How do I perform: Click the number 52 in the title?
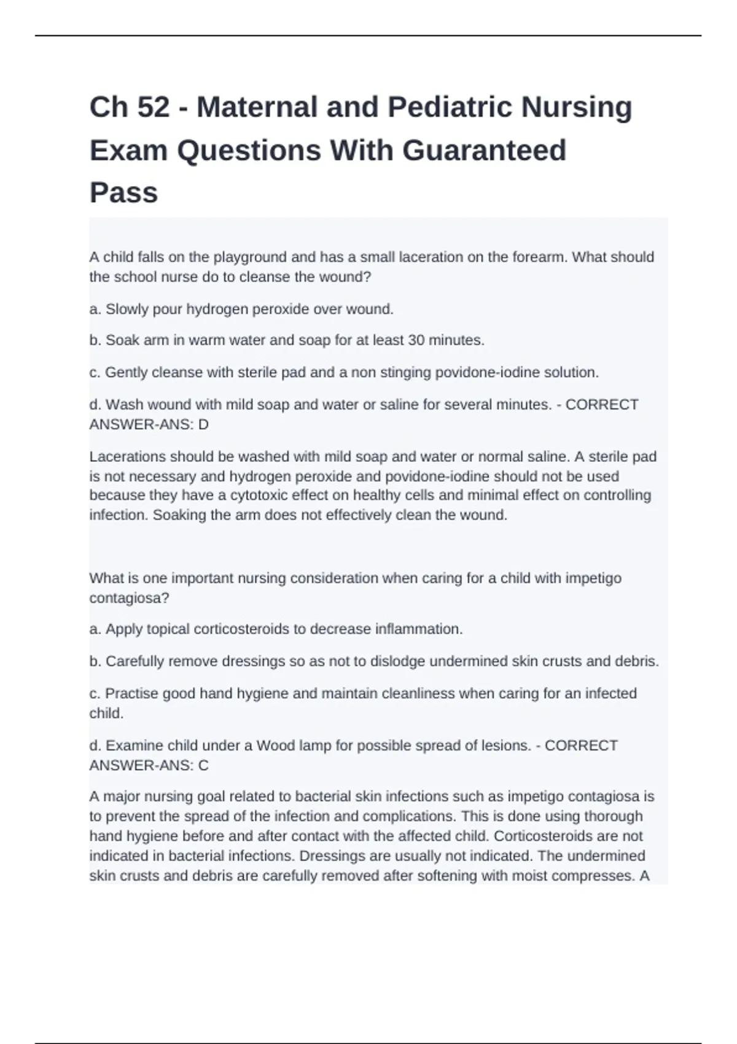click(154, 107)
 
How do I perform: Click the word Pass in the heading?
click(123, 193)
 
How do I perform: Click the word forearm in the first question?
click(540, 257)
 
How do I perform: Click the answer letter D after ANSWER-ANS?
click(203, 424)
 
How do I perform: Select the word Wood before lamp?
click(275, 746)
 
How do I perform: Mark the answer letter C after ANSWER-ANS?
click(203, 765)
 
